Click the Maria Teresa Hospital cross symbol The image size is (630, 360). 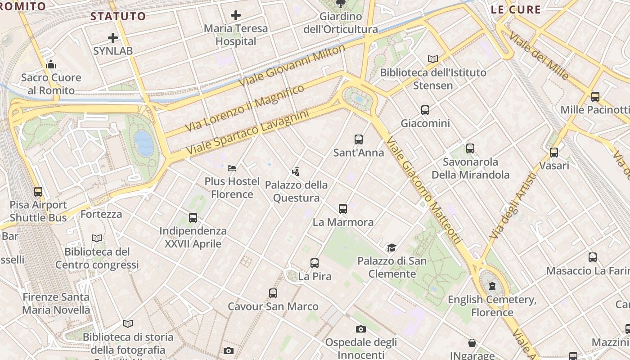click(x=235, y=15)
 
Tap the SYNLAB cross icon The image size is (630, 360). click(x=113, y=38)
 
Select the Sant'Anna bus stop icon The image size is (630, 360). click(x=359, y=139)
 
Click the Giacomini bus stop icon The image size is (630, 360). click(x=425, y=110)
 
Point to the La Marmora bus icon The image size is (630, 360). click(x=343, y=209)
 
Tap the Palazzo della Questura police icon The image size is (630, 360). click(x=296, y=171)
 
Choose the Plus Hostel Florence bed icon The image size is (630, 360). click(x=232, y=168)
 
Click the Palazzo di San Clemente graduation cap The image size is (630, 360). click(x=391, y=247)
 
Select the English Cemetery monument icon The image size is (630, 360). click(x=492, y=286)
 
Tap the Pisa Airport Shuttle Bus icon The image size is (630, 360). click(x=38, y=192)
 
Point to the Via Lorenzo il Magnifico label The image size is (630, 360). click(x=246, y=108)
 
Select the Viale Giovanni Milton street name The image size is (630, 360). click(x=292, y=66)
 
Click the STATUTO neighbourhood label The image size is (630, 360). click(x=118, y=17)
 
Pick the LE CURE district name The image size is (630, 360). click(x=516, y=9)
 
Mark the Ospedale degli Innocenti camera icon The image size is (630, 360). click(x=361, y=329)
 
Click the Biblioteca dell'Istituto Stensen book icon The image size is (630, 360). click(x=433, y=59)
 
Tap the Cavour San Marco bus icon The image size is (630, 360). click(x=273, y=293)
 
